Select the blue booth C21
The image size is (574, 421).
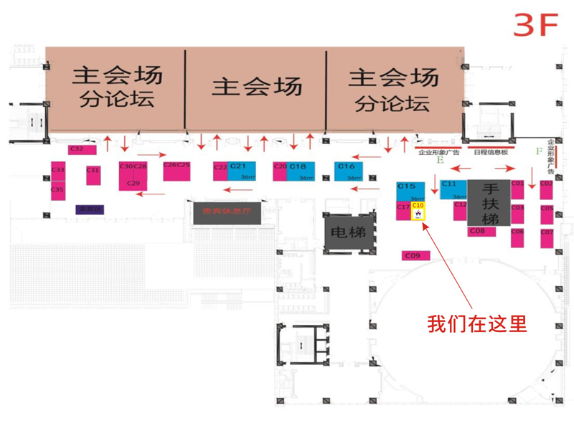(x=242, y=171)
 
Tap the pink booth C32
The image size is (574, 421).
(x=77, y=149)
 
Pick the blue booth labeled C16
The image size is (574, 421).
(x=349, y=171)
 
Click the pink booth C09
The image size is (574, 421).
(x=415, y=255)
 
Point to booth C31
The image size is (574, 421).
(x=93, y=174)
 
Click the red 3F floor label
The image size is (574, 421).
(x=536, y=25)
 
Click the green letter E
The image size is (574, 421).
(x=440, y=161)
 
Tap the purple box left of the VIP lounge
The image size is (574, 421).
(x=90, y=209)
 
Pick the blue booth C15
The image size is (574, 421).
(x=411, y=191)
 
